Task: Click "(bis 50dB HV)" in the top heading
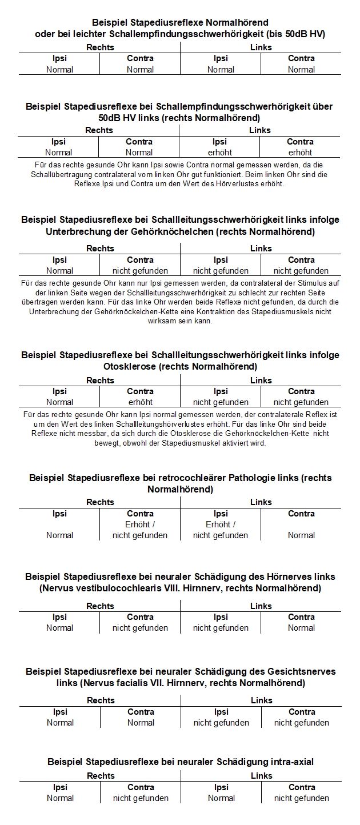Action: pyautogui.click(x=297, y=34)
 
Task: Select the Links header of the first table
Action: pyautogui.click(x=261, y=47)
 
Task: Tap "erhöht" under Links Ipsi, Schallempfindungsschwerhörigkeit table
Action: pyautogui.click(x=220, y=153)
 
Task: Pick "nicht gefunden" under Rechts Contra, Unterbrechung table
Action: pyautogui.click(x=140, y=271)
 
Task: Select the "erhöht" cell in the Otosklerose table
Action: pyautogui.click(x=140, y=402)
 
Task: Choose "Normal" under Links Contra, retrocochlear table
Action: pyautogui.click(x=301, y=535)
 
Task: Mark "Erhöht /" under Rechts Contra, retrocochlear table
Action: pyautogui.click(x=140, y=524)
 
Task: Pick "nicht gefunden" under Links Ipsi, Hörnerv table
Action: pyautogui.click(x=221, y=628)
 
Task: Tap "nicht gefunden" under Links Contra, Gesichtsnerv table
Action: pyautogui.click(x=302, y=723)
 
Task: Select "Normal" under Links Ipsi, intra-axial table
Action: pyautogui.click(x=221, y=798)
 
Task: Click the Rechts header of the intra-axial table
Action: pyautogui.click(x=101, y=776)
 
